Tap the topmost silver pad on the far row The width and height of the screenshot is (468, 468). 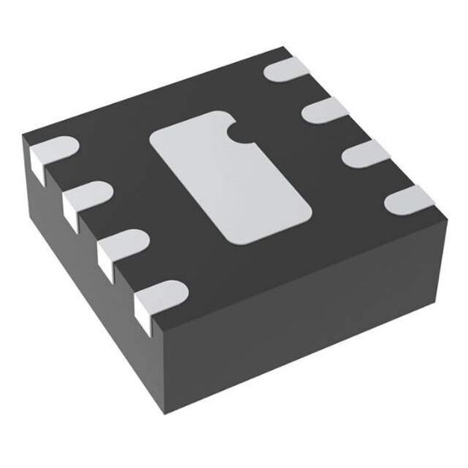pyautogui.click(x=288, y=71)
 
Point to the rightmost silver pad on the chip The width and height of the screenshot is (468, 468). pyautogui.click(x=408, y=201)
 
